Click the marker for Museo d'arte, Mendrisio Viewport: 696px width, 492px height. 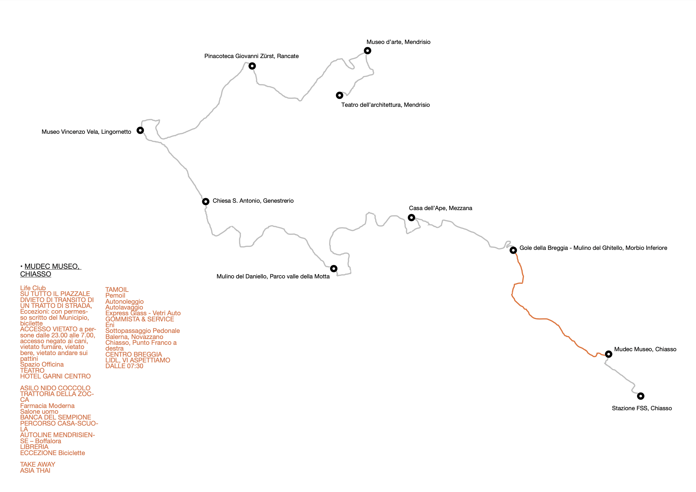tap(368, 51)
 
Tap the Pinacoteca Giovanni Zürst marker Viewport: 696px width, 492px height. tap(252, 66)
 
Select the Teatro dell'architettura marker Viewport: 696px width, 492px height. tap(340, 95)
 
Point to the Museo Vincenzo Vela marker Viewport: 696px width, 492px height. tap(140, 130)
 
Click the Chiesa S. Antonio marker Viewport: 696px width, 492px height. tap(206, 201)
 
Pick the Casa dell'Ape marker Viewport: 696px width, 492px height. tap(411, 217)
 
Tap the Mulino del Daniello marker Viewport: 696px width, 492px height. tap(334, 268)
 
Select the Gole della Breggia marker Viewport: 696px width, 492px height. tap(513, 250)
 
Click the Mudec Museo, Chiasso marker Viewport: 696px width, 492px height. tap(609, 354)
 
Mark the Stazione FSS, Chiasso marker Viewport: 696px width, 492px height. tap(641, 396)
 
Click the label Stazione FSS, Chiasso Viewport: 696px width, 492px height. tap(642, 408)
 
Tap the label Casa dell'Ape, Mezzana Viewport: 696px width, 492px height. tap(441, 208)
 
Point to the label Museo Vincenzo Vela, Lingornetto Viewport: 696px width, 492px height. tap(87, 132)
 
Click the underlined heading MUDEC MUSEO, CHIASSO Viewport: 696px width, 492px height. tap(51, 270)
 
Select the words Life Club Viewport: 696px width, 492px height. tap(33, 288)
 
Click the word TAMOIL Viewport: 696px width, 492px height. tap(117, 290)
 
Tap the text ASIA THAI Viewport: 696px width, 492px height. tap(35, 471)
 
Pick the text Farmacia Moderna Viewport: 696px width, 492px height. tap(47, 406)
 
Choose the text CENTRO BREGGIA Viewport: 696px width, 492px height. tap(134, 354)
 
